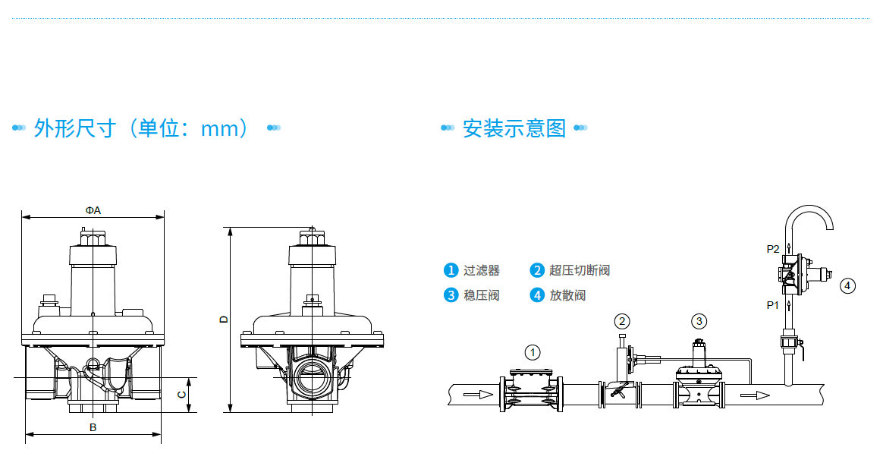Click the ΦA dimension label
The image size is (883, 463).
93,210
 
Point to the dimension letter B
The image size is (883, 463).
93,427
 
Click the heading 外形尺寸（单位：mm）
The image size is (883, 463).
141,128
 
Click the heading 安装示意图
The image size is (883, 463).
514,128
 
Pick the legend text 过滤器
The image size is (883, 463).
482,270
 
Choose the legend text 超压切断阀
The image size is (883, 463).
580,270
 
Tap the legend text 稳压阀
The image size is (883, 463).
482,295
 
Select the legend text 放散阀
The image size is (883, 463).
568,295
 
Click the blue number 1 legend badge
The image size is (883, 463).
451,270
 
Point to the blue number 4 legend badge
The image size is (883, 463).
537,295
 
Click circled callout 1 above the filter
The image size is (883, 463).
533,352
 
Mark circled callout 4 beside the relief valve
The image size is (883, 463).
847,286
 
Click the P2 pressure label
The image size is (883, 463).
773,249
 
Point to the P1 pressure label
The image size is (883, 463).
773,305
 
